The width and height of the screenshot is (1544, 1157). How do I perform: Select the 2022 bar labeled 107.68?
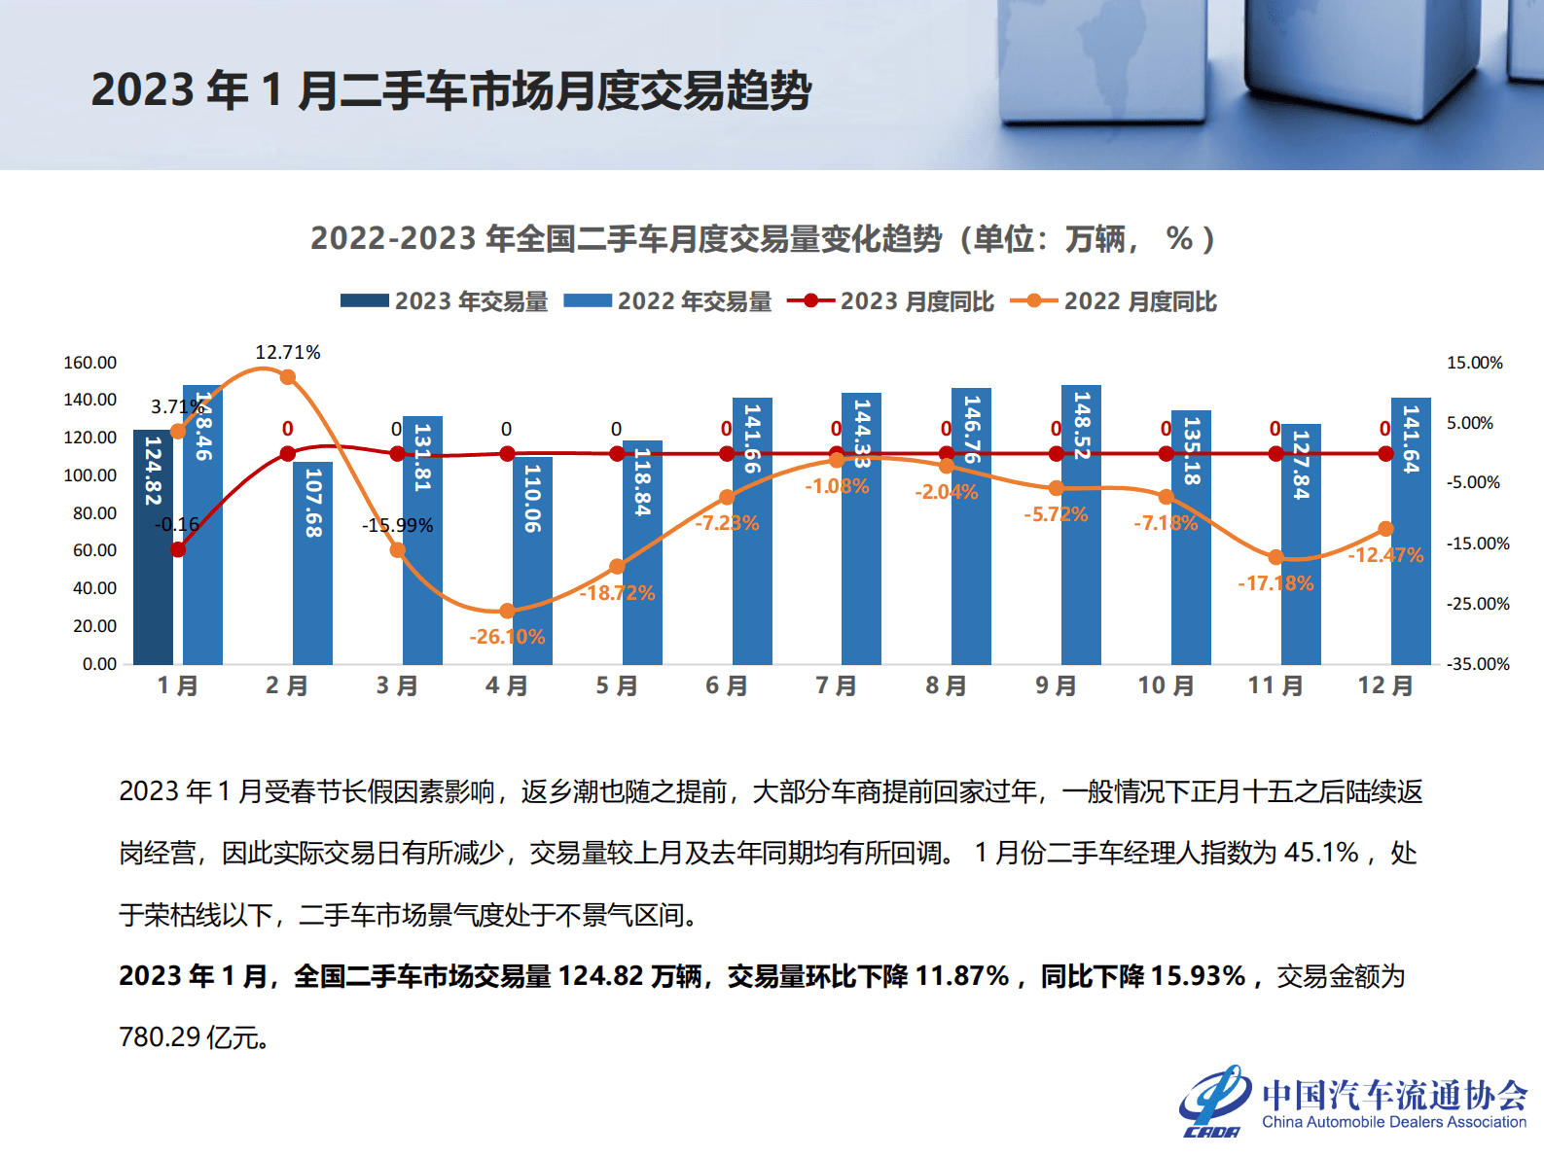tap(312, 583)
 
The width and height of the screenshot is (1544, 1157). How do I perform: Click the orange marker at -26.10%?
tap(507, 611)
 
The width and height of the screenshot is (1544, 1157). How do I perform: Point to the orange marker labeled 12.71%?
tap(287, 377)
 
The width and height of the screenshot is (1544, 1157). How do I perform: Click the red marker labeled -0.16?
tap(178, 549)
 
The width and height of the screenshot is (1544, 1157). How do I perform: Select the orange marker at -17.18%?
tap(1275, 557)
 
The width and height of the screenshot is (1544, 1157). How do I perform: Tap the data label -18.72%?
tap(618, 593)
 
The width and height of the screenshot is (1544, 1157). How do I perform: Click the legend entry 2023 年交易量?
tap(445, 301)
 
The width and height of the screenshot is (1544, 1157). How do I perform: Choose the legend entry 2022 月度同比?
tap(1114, 301)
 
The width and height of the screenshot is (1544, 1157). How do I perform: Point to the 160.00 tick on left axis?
tap(90, 363)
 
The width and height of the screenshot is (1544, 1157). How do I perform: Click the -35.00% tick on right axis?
tap(1478, 664)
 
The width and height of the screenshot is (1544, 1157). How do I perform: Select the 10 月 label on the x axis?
tap(1166, 686)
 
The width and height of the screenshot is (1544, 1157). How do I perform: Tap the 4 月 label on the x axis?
tap(507, 686)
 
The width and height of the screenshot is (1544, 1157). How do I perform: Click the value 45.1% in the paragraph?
tap(1321, 853)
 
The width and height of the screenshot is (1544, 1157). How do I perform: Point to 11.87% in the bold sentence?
tap(962, 976)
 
